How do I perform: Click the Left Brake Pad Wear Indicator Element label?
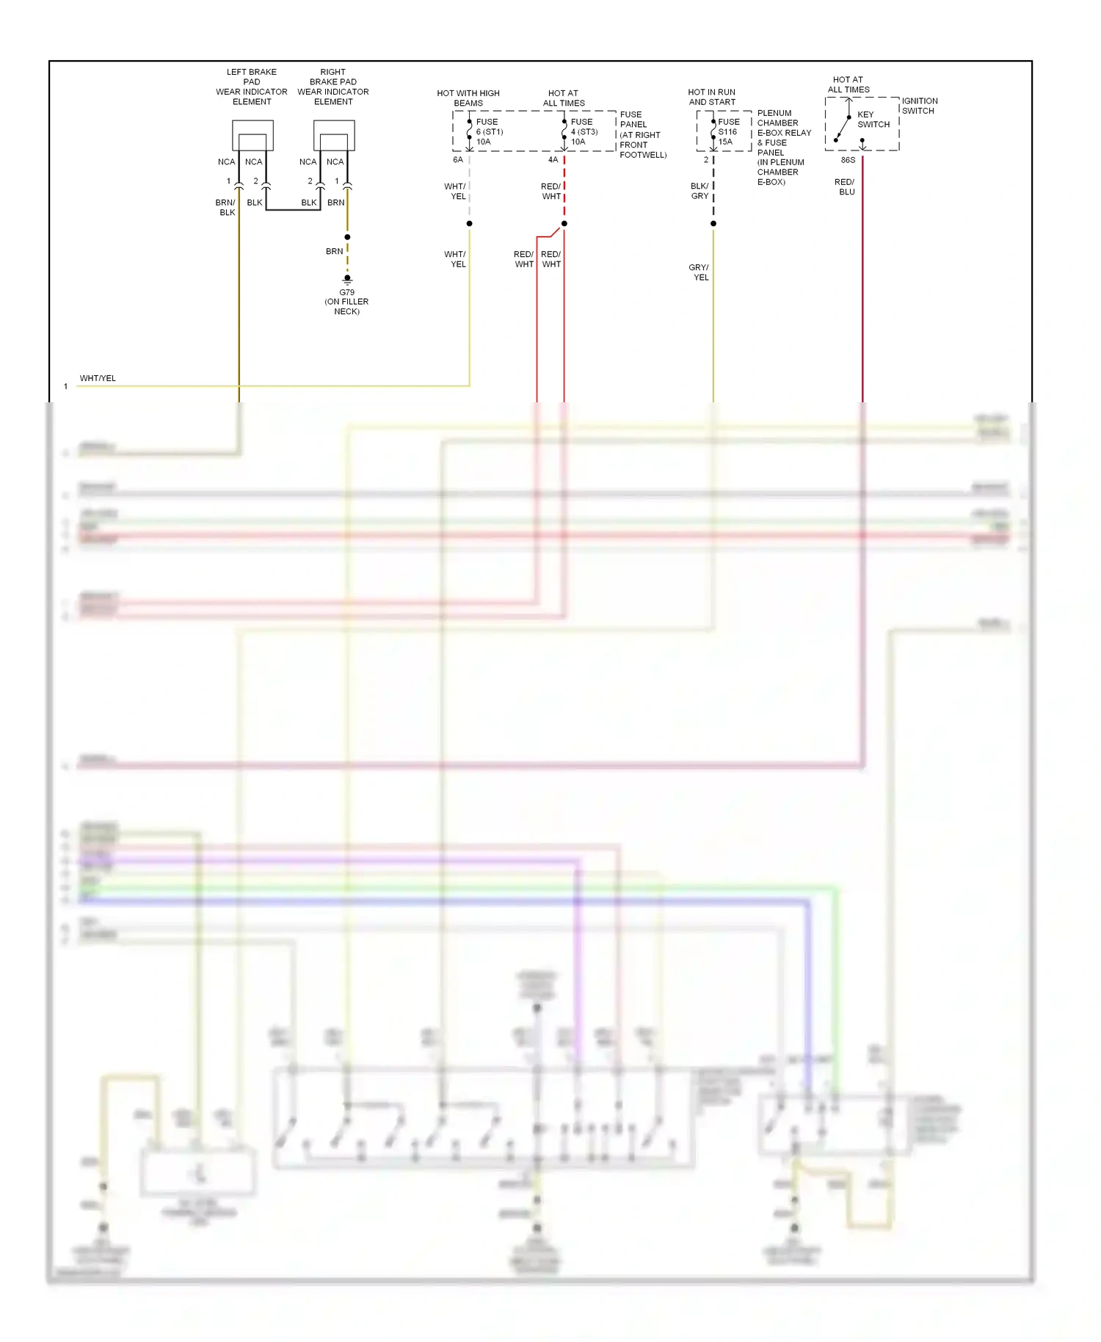click(x=252, y=87)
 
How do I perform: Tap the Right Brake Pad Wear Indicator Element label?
click(x=333, y=87)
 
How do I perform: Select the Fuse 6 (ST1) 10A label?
click(x=489, y=132)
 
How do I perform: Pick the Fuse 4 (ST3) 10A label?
click(x=584, y=132)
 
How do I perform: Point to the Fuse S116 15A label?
click(x=728, y=132)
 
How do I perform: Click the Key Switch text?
click(x=873, y=120)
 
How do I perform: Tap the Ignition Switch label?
click(x=919, y=106)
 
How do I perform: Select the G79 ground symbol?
click(x=347, y=279)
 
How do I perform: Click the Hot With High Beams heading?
click(x=468, y=98)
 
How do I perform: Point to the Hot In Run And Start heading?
click(x=711, y=97)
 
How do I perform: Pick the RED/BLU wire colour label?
click(x=845, y=186)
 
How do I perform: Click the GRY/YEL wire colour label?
click(x=700, y=272)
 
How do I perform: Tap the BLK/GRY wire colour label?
click(x=700, y=191)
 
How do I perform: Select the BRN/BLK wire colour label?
click(x=225, y=207)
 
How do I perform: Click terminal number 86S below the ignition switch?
click(x=848, y=160)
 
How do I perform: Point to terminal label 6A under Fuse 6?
click(x=458, y=159)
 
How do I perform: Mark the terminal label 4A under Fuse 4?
click(x=553, y=159)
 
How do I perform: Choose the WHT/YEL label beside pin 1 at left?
click(x=98, y=378)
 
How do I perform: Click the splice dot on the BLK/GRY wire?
click(x=713, y=223)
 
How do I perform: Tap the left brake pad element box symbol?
click(x=252, y=136)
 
